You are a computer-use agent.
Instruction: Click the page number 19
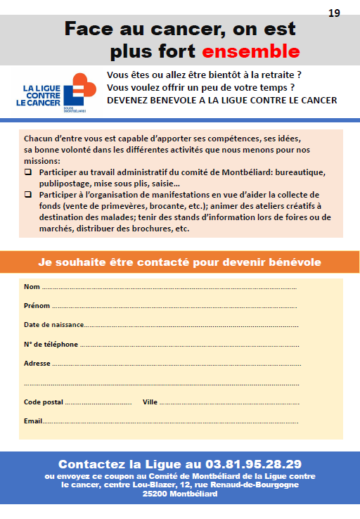334,13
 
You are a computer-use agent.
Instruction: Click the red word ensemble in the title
251,51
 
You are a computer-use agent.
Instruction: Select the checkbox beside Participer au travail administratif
28,172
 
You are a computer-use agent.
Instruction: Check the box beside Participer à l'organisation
28,194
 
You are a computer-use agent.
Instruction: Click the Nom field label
32,287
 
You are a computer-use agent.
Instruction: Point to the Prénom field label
37,306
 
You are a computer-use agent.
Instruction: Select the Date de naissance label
54,325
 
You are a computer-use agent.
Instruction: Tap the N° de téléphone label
51,345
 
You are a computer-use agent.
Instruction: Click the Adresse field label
37,364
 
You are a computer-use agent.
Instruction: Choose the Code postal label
44,402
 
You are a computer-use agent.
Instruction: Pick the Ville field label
150,402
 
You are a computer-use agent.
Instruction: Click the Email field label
33,421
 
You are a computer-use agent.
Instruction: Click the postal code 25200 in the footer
155,494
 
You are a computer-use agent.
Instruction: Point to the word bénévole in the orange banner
295,262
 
